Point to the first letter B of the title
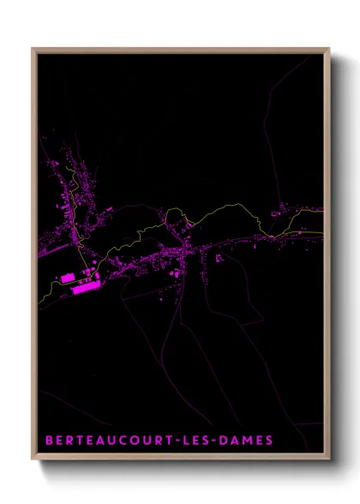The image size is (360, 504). [49, 441]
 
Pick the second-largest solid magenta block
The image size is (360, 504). [66, 278]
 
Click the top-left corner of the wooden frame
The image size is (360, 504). [33, 49]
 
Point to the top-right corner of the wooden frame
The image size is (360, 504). [329, 49]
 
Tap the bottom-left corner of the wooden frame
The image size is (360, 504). [33, 460]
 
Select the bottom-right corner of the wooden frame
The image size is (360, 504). [329, 460]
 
